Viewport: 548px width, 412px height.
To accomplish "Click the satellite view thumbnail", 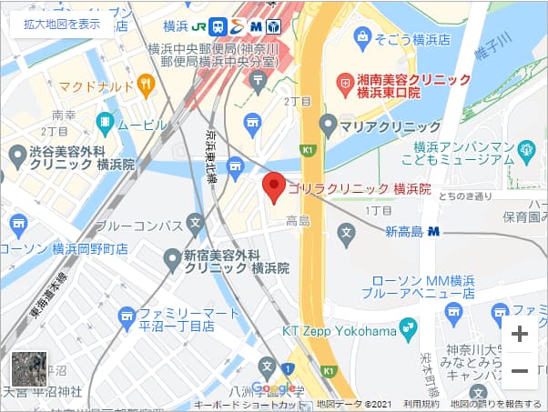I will [x=28, y=369].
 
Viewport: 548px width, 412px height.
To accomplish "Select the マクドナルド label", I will [x=96, y=86].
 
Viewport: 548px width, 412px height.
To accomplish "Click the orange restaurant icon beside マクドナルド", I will [x=146, y=85].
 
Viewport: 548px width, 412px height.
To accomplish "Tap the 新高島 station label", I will [x=404, y=231].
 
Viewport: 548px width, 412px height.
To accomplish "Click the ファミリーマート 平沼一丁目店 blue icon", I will [x=127, y=316].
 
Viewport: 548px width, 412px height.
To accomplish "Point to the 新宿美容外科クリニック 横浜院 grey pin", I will [x=171, y=260].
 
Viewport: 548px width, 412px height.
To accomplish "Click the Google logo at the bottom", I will [x=274, y=388].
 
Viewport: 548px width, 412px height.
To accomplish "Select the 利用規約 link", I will [x=421, y=404].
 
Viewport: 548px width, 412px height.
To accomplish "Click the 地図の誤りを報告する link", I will [x=496, y=404].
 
